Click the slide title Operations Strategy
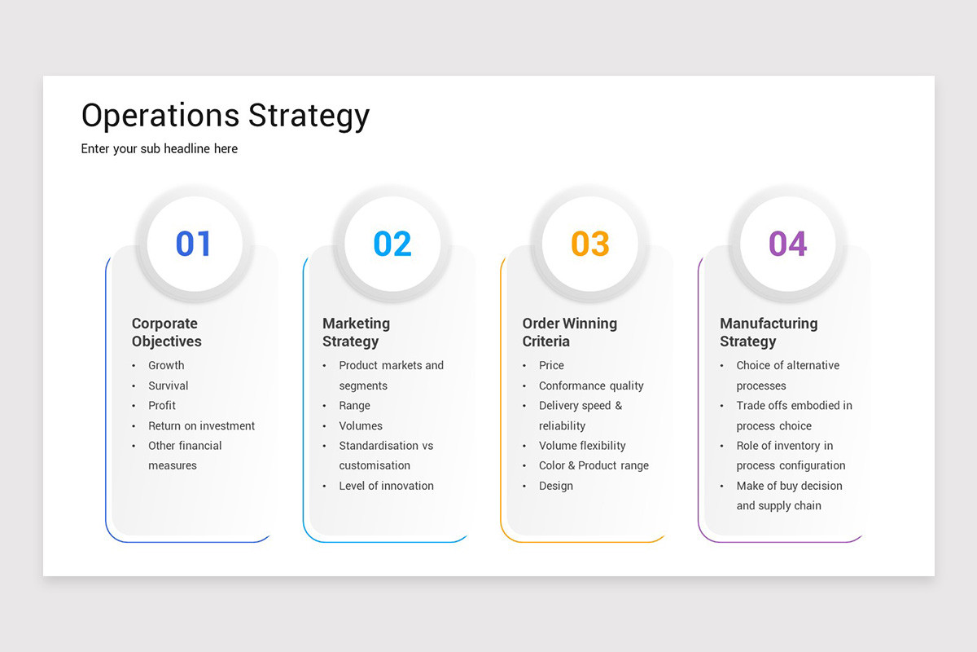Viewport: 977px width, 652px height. pyautogui.click(x=226, y=116)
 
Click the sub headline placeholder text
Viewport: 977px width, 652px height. pyautogui.click(x=160, y=148)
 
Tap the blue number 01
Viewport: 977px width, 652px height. pyautogui.click(x=194, y=244)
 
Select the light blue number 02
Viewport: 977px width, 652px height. pyautogui.click(x=392, y=244)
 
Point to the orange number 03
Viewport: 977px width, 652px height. pyautogui.click(x=590, y=244)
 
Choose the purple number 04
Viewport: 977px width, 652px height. pyautogui.click(x=788, y=244)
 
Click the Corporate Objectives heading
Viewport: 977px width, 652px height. pyautogui.click(x=166, y=333)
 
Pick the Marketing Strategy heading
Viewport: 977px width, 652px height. pyautogui.click(x=356, y=333)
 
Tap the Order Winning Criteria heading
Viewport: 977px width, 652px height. pyautogui.click(x=569, y=333)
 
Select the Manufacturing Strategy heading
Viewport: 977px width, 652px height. pyautogui.click(x=769, y=333)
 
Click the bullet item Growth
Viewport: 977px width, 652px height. pyautogui.click(x=166, y=365)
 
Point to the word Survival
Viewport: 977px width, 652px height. pyautogui.click(x=168, y=385)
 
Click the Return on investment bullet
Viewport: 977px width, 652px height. pyautogui.click(x=201, y=425)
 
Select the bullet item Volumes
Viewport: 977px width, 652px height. pyautogui.click(x=361, y=425)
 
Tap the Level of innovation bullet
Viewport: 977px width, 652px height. pyautogui.click(x=386, y=486)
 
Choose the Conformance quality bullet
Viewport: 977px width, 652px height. pyautogui.click(x=591, y=385)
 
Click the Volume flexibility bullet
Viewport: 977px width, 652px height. pyautogui.click(x=582, y=446)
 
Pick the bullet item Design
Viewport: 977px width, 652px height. pyautogui.click(x=556, y=486)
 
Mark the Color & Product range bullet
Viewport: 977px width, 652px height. pyautogui.click(x=594, y=465)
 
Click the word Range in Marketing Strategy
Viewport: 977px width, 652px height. pyautogui.click(x=354, y=405)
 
